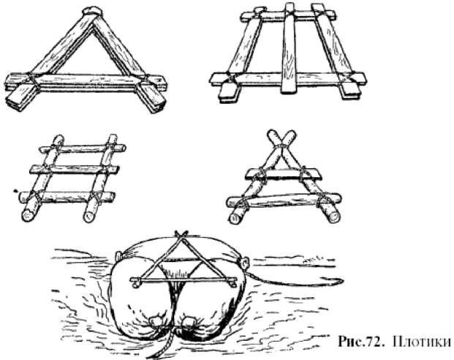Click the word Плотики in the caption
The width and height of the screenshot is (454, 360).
coord(422,342)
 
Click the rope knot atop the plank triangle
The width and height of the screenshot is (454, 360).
coord(92,12)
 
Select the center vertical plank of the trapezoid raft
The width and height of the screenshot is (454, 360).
coord(289,48)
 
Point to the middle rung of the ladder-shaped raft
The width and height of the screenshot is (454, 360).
coord(75,169)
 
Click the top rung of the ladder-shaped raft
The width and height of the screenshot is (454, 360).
coord(82,149)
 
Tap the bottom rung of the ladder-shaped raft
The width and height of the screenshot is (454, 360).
coord(67,196)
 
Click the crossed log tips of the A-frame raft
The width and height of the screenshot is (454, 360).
coord(281,139)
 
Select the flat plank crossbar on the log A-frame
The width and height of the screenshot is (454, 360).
coord(284,173)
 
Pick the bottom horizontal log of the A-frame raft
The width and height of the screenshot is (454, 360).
coord(284,200)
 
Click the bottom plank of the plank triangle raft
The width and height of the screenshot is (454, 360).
coord(86,82)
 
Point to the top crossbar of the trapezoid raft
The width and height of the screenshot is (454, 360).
coord(288,15)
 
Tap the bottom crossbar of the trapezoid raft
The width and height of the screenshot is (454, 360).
coord(288,78)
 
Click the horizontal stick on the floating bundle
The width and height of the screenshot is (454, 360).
coord(184,280)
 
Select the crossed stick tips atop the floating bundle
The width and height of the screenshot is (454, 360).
coord(181,234)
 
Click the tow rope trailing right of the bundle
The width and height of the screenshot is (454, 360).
coord(295,280)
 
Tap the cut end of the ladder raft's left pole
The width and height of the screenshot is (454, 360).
coord(28,215)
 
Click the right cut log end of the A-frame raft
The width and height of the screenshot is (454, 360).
coord(333,217)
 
